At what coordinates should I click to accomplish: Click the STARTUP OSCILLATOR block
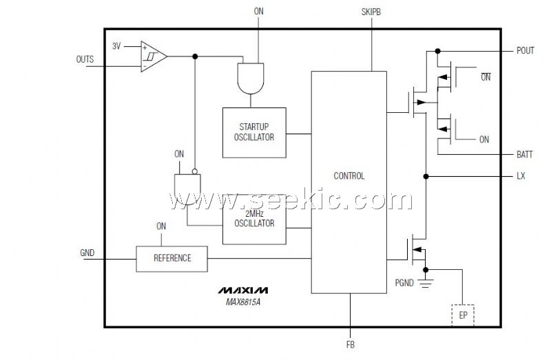(253, 132)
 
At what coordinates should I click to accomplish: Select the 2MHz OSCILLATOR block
(253, 218)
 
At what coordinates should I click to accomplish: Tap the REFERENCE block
(171, 258)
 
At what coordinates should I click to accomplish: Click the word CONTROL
(349, 176)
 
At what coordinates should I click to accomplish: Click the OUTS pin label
(85, 60)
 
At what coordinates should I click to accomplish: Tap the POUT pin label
(525, 51)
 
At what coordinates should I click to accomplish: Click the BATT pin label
(525, 154)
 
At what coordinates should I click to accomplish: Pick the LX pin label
(521, 176)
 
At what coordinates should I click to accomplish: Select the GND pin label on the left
(87, 253)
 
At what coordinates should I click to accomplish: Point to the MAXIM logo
(245, 289)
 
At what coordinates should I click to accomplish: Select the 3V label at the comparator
(117, 46)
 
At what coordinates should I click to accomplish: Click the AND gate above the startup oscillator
(249, 78)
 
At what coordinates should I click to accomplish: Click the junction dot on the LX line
(426, 177)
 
